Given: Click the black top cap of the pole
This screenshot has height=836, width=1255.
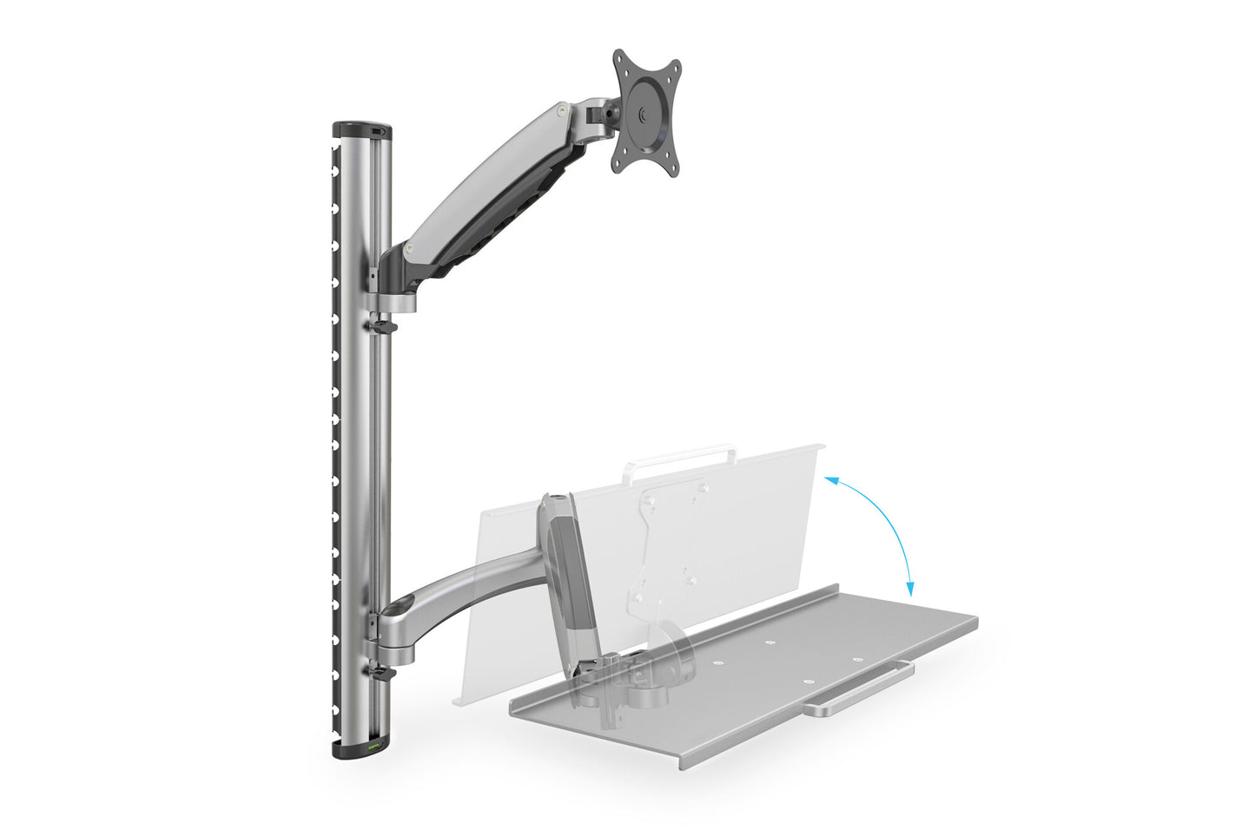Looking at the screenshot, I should (x=361, y=129).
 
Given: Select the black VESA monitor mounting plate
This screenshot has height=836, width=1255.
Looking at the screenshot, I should (x=646, y=111).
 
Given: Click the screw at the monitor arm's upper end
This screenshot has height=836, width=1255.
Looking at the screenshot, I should (x=563, y=111).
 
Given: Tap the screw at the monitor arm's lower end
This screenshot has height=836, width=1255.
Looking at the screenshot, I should (x=407, y=250).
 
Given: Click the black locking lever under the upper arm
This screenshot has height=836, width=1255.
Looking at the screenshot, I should (x=380, y=326).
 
